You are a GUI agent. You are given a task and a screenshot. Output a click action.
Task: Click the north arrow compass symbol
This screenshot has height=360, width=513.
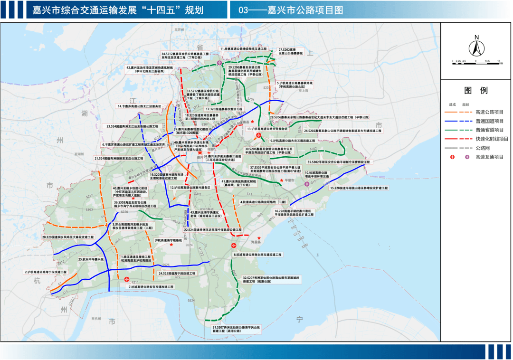point(476,47)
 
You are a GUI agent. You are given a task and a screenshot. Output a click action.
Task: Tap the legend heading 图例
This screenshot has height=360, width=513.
point(476,91)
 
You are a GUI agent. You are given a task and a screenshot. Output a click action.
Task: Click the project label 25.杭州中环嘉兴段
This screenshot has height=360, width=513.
point(91,259)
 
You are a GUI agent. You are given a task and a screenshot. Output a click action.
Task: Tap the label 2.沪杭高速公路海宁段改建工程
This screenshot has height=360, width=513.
point(46,272)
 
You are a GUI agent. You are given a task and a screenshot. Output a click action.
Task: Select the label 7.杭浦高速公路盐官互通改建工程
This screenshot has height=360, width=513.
point(151,287)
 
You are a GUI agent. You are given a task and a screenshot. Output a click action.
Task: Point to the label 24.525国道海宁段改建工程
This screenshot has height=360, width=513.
point(177,274)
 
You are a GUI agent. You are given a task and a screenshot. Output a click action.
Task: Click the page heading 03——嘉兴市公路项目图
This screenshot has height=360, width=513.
point(291,10)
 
